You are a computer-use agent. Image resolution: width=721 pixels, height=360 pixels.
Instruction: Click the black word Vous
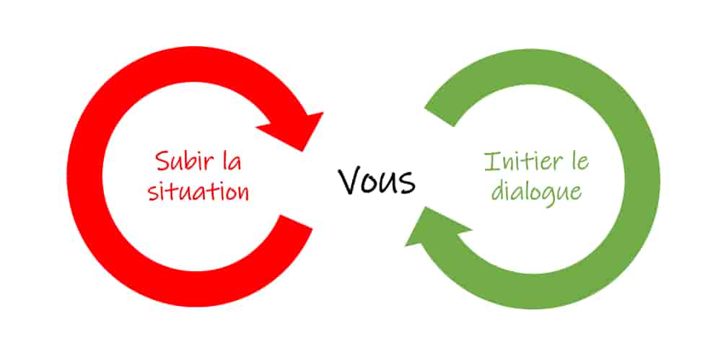point(377,180)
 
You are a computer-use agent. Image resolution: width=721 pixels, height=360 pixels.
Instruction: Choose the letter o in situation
point(229,193)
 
